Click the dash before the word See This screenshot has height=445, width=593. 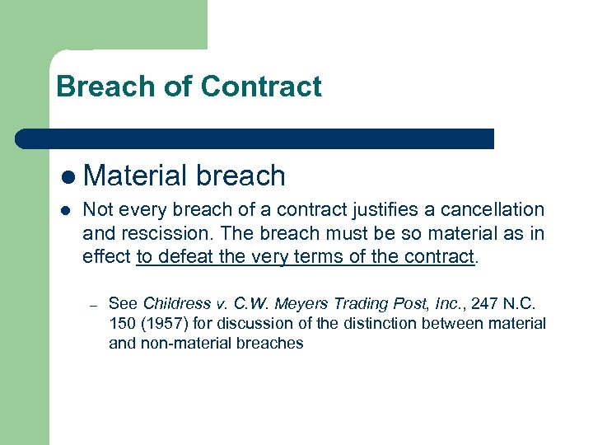click(96, 306)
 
